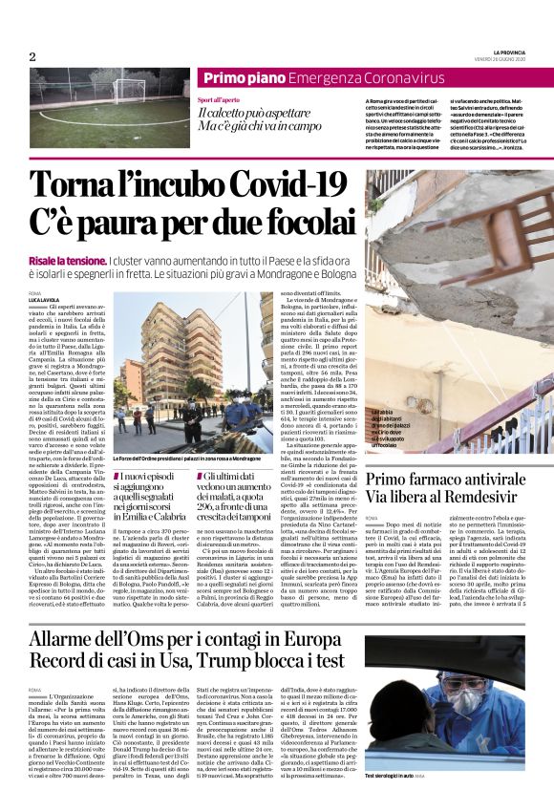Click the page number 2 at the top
pyautogui.click(x=32, y=57)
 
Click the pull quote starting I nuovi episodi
pyautogui.click(x=154, y=497)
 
